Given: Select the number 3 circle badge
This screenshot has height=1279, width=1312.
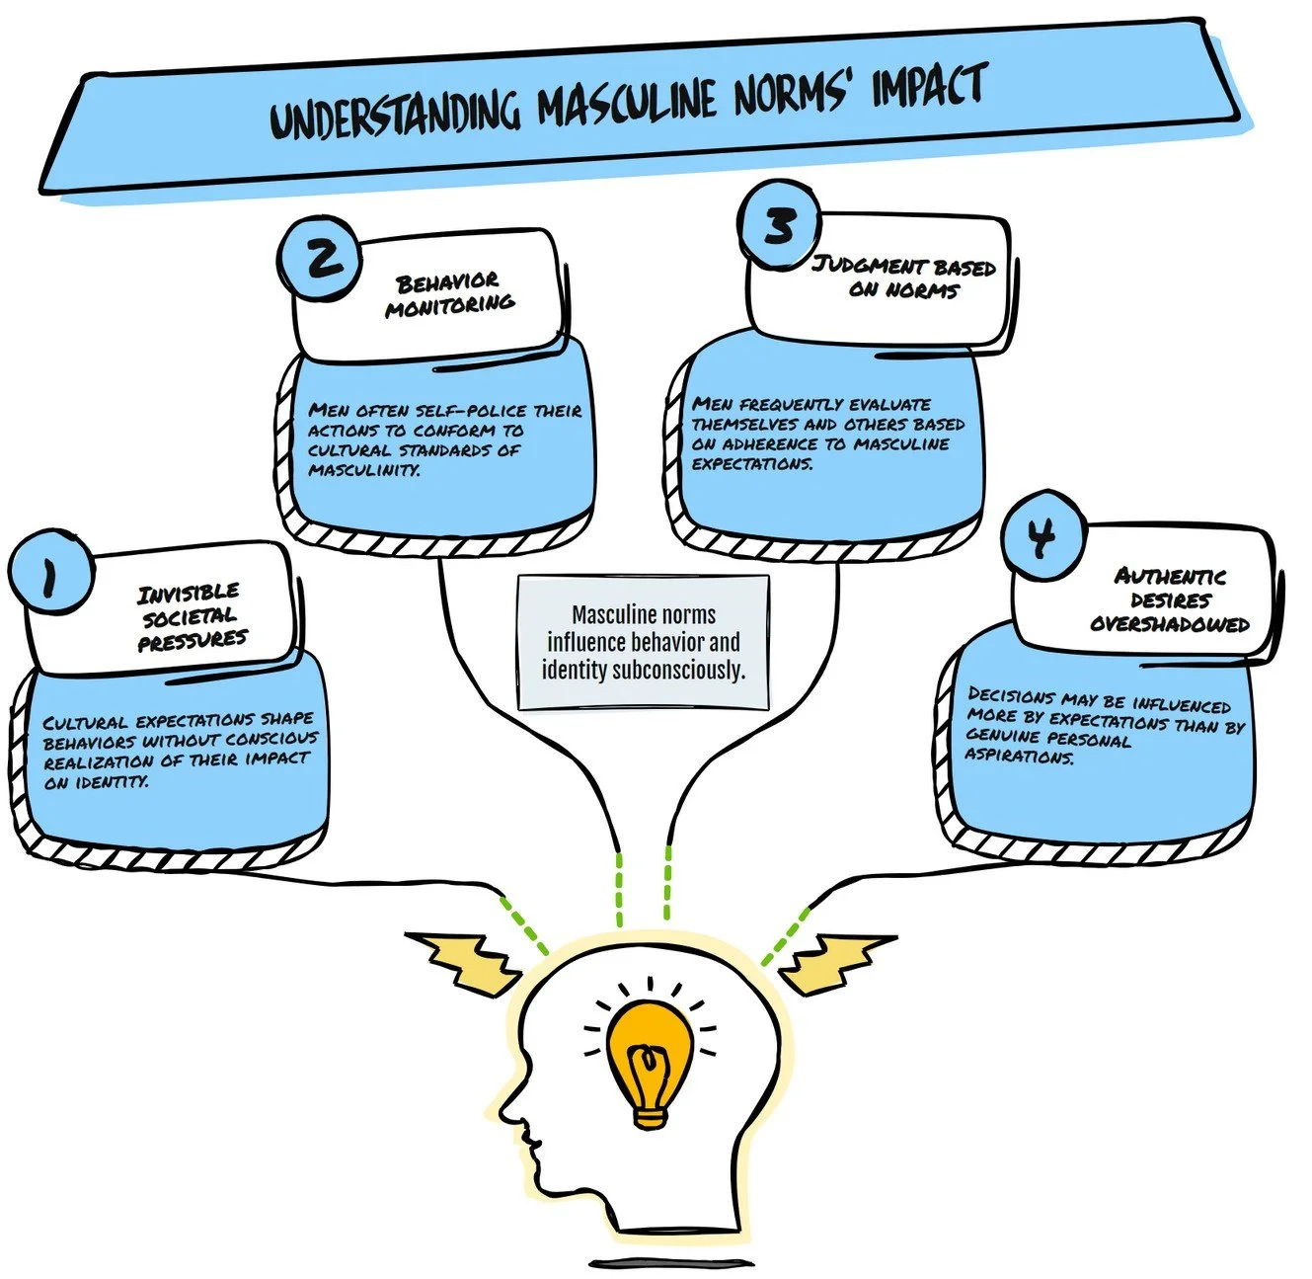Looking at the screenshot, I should click(x=780, y=225).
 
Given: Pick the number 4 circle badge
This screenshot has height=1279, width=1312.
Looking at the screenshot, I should click(x=1042, y=536).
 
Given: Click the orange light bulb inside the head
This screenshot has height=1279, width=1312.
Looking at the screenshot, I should click(x=649, y=1061).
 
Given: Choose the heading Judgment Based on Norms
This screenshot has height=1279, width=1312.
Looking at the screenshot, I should click(x=903, y=278).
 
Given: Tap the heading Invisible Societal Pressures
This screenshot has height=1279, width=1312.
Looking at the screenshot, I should click(x=191, y=616).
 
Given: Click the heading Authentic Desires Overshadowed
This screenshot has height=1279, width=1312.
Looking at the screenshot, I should click(x=1170, y=600).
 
